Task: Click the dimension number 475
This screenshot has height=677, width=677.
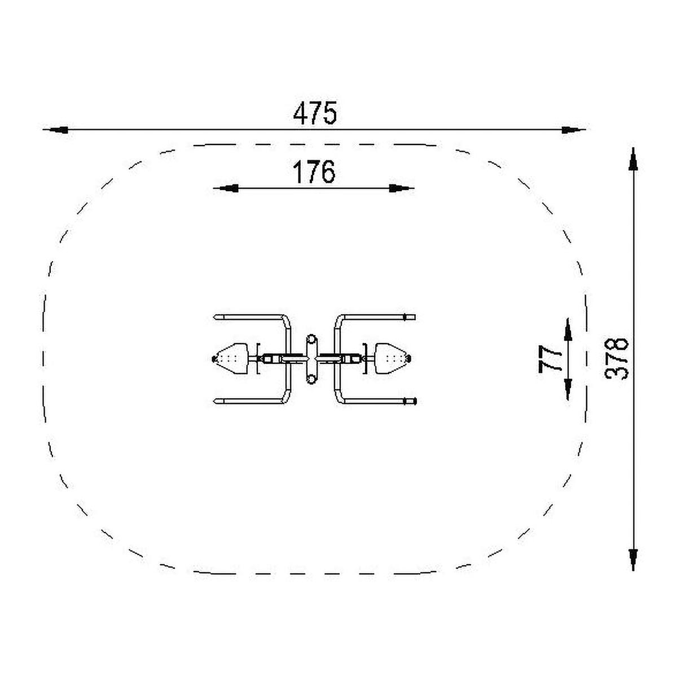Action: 315,113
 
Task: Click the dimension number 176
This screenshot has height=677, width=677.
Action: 314,172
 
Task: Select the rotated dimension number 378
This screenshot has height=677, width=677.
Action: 616,359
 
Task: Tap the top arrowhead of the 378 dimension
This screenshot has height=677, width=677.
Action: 633,159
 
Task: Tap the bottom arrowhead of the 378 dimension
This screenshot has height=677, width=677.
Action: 633,559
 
